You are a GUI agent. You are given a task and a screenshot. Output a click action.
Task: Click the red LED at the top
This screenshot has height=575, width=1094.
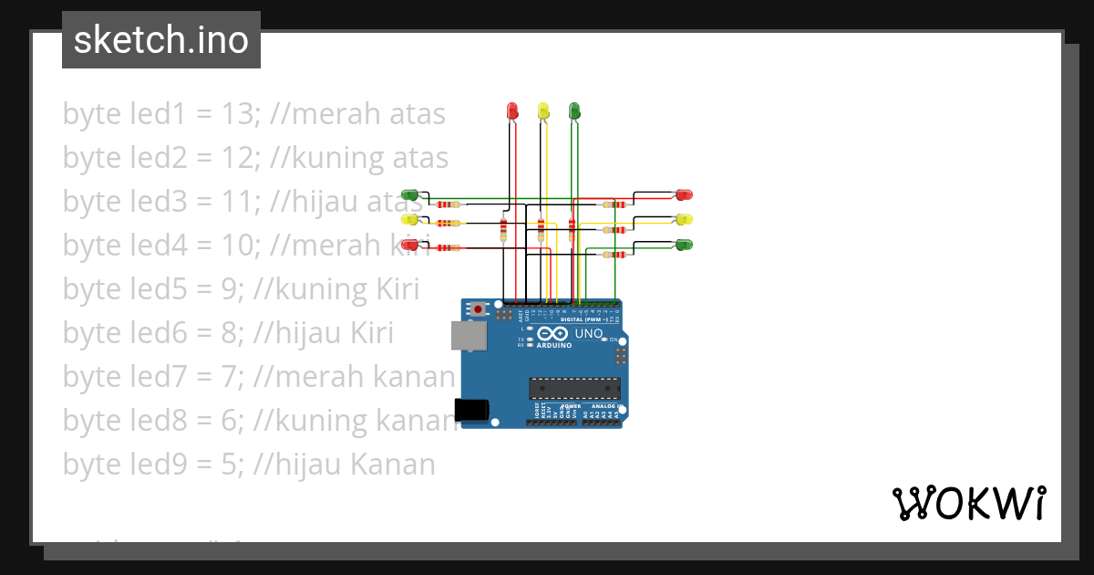tap(511, 110)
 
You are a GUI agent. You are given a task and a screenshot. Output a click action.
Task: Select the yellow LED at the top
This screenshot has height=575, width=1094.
tap(543, 110)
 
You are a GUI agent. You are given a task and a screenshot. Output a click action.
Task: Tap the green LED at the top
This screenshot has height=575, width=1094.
tap(573, 110)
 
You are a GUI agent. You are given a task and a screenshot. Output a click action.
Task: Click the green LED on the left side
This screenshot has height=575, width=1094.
tap(410, 195)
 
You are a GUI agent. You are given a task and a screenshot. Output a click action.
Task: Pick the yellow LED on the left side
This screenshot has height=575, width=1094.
tap(410, 220)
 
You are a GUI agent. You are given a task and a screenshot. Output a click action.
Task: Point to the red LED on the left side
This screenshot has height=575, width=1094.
tap(410, 245)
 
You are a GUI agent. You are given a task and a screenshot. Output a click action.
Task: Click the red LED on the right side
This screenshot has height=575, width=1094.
tap(684, 195)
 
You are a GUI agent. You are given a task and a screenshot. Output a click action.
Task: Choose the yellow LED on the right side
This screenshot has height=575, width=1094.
tap(684, 220)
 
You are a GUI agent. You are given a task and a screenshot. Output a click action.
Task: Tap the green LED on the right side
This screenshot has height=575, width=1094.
tap(684, 245)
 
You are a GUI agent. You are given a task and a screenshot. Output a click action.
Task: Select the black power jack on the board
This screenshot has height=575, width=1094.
tap(471, 410)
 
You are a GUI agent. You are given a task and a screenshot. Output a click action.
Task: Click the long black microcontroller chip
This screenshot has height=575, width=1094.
tap(574, 388)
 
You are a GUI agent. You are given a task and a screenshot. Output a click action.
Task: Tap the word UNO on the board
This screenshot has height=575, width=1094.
tap(589, 334)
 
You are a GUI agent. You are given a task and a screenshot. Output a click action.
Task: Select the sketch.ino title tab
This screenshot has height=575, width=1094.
tap(161, 40)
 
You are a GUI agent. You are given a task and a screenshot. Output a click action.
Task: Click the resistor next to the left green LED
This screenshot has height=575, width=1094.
tap(446, 204)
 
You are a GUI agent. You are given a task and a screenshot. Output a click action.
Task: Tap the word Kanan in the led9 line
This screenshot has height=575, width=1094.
tap(391, 465)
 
